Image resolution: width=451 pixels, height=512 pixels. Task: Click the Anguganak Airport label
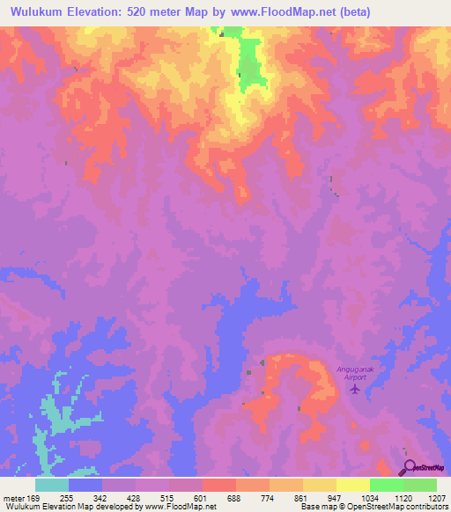(356, 372)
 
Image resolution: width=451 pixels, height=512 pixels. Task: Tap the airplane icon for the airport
(356, 388)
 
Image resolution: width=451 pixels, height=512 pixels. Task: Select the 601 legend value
(201, 498)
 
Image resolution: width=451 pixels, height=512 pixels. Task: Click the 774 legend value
(268, 498)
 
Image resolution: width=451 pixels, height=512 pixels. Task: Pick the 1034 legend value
(368, 498)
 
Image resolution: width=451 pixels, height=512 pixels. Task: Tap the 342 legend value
(100, 498)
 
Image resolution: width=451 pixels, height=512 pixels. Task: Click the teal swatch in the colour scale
(52, 485)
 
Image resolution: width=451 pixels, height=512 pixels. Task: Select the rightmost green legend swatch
(420, 485)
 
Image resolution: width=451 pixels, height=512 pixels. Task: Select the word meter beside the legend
(14, 498)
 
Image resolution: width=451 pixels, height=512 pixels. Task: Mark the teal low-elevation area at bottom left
(57, 413)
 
